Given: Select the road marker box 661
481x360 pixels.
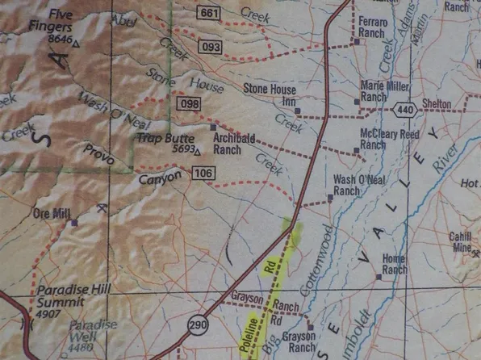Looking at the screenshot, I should (208, 12).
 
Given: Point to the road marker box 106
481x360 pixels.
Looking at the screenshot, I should (203, 173).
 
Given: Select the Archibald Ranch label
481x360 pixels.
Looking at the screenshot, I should (234, 143).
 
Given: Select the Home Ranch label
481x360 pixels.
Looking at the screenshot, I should (395, 264).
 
